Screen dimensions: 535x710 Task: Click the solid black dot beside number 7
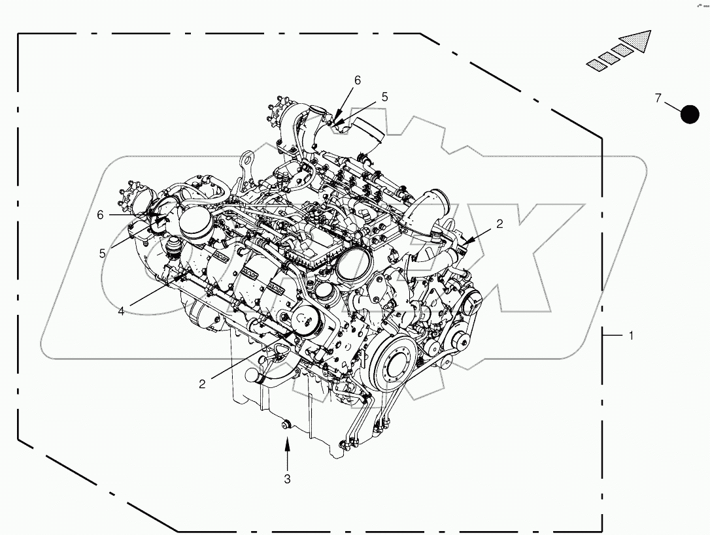[x=690, y=114]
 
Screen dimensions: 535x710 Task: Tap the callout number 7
[x=659, y=99]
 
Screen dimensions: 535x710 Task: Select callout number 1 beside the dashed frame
[x=631, y=336]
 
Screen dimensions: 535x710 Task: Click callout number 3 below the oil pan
[x=286, y=479]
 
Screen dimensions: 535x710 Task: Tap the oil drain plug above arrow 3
[x=286, y=426]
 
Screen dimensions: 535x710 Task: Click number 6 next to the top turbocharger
[x=357, y=80]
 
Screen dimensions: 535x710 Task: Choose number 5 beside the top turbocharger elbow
[x=384, y=97]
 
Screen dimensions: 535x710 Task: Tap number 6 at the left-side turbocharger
[x=100, y=214]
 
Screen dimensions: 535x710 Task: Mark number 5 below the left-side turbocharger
[x=102, y=253]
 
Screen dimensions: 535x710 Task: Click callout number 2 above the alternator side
[x=499, y=223]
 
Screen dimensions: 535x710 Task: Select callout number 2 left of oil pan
[x=202, y=384]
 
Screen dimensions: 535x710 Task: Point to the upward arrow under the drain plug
[x=286, y=451]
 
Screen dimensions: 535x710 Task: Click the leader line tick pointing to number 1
[x=612, y=335]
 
